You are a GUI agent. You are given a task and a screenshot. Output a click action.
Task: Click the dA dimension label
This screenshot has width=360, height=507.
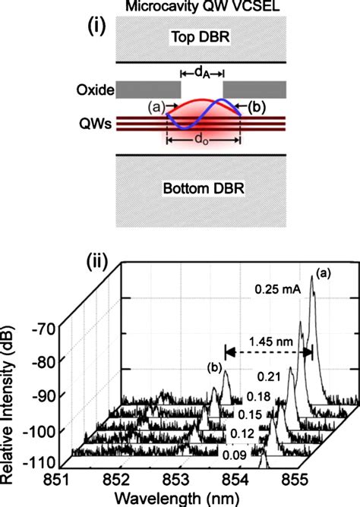[202, 73]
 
